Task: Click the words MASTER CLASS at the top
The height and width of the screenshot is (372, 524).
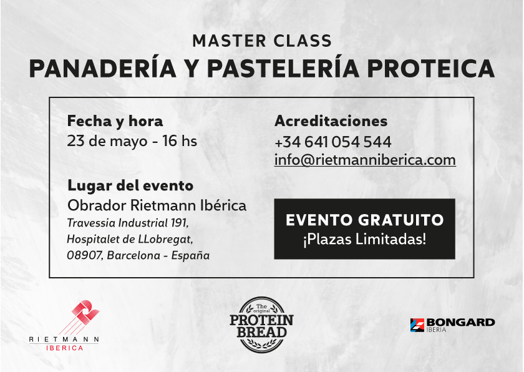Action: coord(261,41)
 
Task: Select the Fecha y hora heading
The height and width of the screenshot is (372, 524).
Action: coord(115,120)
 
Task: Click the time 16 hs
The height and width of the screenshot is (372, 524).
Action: coord(180,141)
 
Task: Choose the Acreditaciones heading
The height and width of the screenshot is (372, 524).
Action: coord(331,120)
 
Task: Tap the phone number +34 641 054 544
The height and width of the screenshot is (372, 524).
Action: coord(332,142)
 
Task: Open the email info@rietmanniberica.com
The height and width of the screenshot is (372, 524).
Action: coord(365,160)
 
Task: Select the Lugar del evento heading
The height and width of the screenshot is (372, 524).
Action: coord(130,185)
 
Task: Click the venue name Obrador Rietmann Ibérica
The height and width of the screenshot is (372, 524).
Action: coord(157,205)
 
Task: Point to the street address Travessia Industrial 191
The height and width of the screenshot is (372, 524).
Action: coord(127,223)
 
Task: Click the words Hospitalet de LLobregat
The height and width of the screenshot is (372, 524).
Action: coord(130,239)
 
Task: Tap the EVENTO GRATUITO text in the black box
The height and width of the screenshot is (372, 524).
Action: coord(364,220)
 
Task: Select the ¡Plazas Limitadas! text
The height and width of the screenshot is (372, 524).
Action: coord(364,239)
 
